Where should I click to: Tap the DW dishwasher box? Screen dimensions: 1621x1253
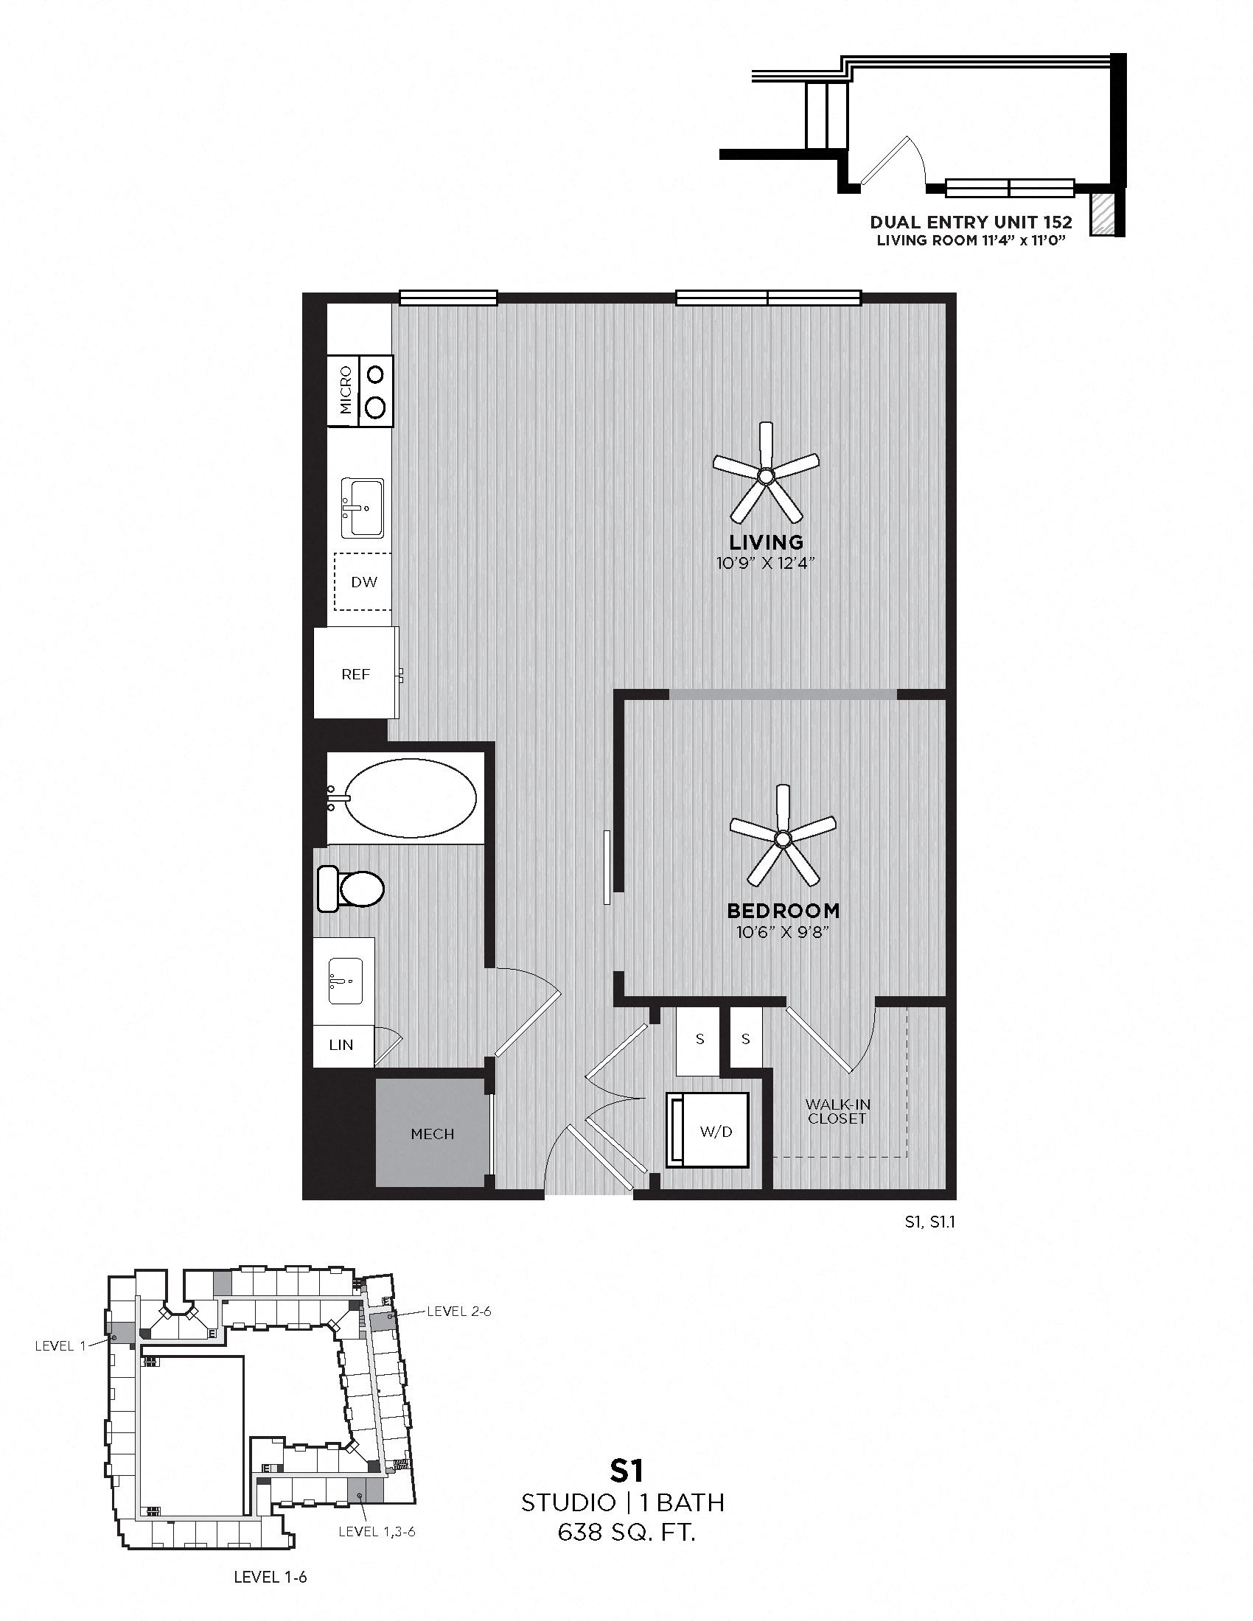coord(363,582)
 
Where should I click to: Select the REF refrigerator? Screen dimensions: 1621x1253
coord(355,674)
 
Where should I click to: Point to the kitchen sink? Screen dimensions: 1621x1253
coord(362,508)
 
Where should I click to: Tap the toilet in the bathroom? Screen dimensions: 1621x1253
coord(350,888)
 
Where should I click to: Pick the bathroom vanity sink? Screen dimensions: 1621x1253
coord(345,981)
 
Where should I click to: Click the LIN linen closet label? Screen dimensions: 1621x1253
coord(341,1045)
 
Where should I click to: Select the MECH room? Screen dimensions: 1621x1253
coord(433,1134)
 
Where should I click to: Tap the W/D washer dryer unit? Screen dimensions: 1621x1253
coord(716,1131)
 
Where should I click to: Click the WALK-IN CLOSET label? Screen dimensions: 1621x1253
coord(837,1111)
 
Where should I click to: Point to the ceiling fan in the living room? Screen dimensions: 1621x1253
coord(766,474)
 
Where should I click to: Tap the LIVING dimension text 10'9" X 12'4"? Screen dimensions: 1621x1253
coord(766,563)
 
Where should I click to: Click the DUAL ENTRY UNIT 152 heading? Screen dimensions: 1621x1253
coord(971,222)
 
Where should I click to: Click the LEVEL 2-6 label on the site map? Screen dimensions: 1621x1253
coord(458,1312)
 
